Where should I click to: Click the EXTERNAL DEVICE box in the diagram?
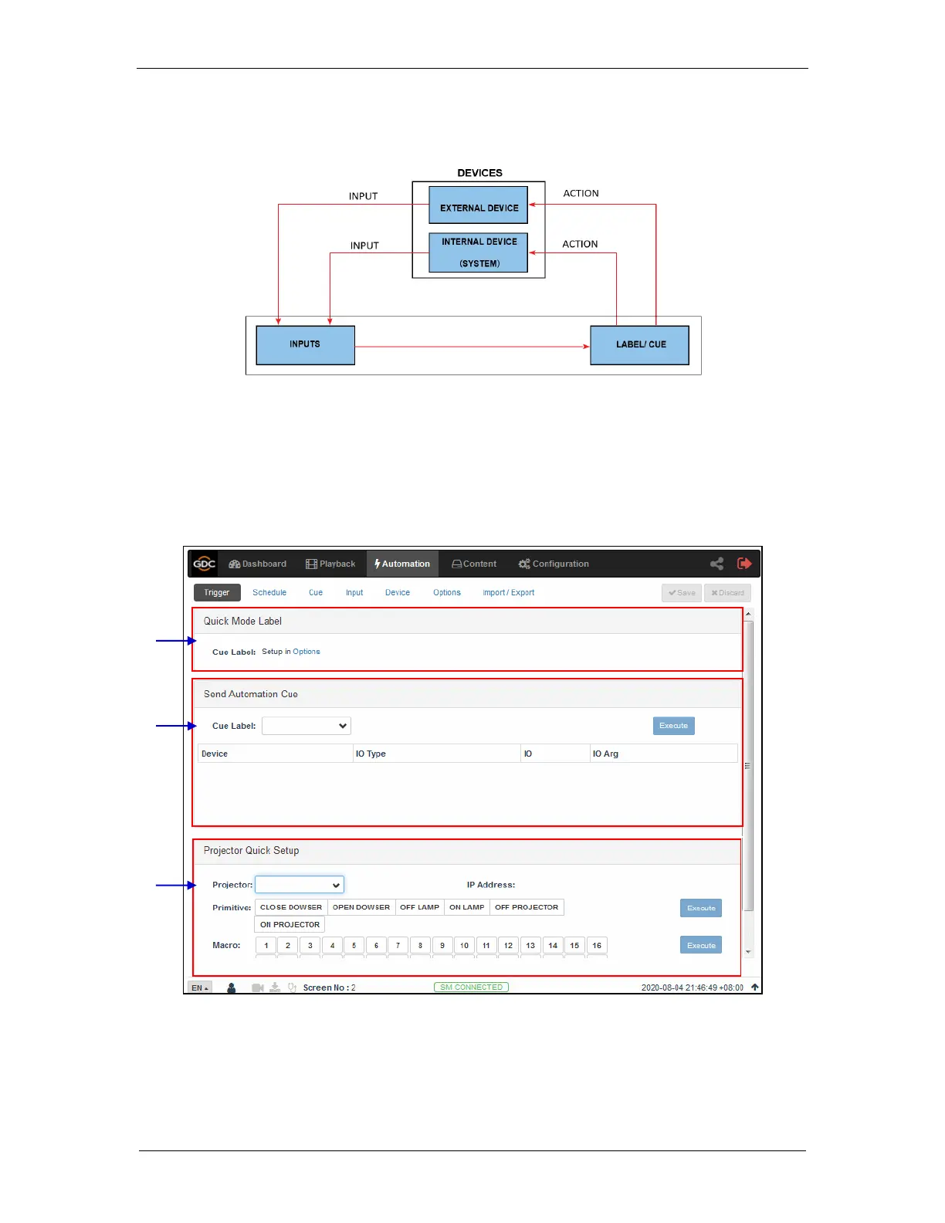point(479,205)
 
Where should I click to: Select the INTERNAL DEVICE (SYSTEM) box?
point(479,252)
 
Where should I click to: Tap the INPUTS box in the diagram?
point(305,344)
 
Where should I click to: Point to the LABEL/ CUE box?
point(640,344)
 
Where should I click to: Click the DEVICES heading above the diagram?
point(479,173)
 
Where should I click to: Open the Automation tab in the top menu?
point(402,564)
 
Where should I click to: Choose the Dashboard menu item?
point(258,564)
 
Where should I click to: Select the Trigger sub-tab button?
point(216,593)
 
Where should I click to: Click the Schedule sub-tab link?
point(269,593)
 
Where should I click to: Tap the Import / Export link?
point(508,593)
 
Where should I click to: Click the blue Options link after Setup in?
point(307,652)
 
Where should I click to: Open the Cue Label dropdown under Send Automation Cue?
point(307,726)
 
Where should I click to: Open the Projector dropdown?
point(300,885)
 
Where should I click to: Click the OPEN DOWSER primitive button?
point(361,907)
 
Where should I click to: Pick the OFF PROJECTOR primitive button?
point(527,907)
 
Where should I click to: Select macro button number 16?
point(597,945)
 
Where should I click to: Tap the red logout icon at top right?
point(744,564)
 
